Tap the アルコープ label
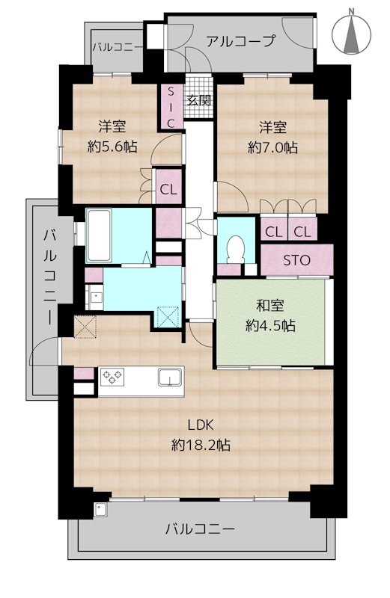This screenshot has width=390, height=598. [240, 41]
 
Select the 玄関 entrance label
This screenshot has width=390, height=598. [199, 101]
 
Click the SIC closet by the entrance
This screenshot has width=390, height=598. [171, 107]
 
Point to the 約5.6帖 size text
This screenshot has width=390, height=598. [112, 146]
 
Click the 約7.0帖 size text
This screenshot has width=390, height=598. [272, 147]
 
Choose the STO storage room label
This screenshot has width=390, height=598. [296, 260]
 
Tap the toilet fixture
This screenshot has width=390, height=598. [235, 249]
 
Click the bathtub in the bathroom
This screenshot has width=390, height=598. [99, 235]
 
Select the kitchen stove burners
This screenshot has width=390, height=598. [112, 377]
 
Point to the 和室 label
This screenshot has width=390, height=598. [270, 306]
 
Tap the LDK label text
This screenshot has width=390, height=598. [200, 425]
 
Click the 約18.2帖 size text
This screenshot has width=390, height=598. [201, 445]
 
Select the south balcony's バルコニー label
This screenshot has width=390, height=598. [200, 529]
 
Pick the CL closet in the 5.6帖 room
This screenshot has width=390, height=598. [169, 189]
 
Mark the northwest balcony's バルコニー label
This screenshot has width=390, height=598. [118, 47]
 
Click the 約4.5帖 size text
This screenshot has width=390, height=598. [270, 326]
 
